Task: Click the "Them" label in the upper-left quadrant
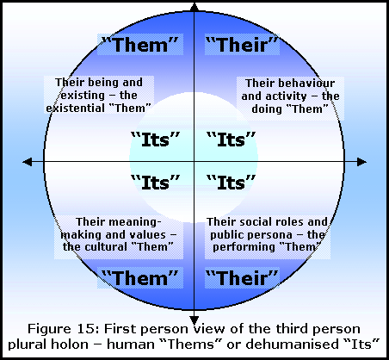pos(140,45)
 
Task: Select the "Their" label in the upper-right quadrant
pos(243,45)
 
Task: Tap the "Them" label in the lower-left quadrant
pos(140,277)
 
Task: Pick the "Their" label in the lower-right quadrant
pos(243,277)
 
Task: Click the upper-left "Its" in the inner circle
pos(155,140)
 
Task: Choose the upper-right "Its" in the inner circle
pos(231,140)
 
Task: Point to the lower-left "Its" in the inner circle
pos(155,183)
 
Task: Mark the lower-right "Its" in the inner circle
pos(231,183)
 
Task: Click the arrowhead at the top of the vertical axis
pos(194,7)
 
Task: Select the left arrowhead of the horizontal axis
pos(28,162)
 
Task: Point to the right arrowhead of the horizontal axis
pos(362,162)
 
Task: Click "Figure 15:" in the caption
pos(64,329)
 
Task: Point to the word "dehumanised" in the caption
pos(292,344)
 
